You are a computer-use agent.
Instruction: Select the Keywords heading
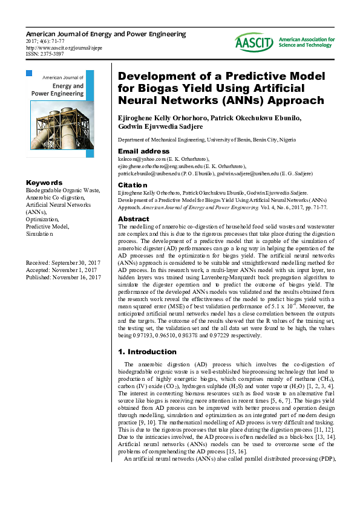click(x=44, y=183)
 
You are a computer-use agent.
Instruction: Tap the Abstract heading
click(x=133, y=219)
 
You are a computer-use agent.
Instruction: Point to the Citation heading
click(x=133, y=184)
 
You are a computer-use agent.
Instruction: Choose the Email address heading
click(x=143, y=151)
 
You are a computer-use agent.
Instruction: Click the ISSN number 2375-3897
click(x=41, y=54)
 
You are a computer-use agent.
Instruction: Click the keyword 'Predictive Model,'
click(x=47, y=226)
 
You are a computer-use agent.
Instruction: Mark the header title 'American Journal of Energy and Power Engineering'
click(x=106, y=34)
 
